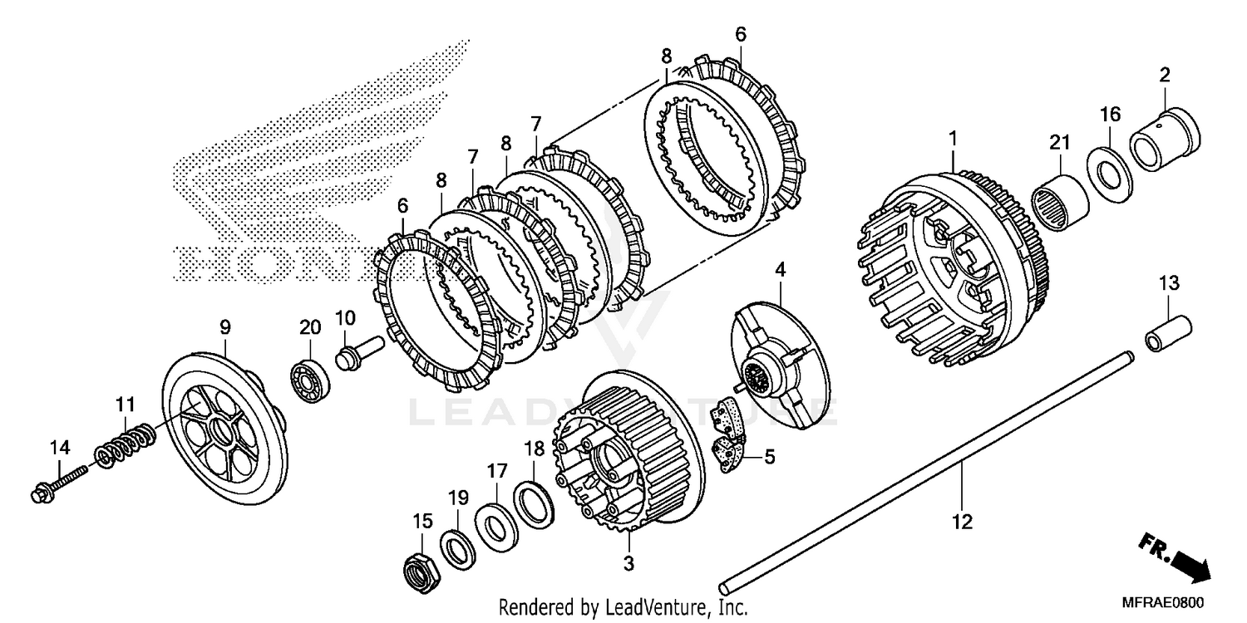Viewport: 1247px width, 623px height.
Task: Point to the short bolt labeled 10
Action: coord(356,351)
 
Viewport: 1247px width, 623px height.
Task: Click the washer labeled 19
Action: coord(458,548)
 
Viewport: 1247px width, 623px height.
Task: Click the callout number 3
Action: coord(628,563)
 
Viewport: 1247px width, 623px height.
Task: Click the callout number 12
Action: coord(962,522)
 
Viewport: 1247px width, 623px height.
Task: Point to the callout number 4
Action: coord(780,269)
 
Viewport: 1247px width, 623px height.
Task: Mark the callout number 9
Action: coord(224,328)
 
